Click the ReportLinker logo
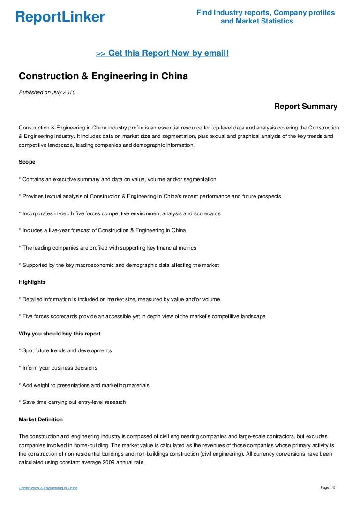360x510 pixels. [60, 17]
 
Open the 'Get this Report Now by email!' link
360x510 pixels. [162, 53]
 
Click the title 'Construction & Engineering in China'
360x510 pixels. [103, 76]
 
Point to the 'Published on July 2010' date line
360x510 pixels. [47, 92]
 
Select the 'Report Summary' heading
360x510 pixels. [306, 107]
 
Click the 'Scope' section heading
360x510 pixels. [27, 162]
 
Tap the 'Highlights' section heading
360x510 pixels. [32, 282]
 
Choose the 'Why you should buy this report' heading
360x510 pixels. [60, 334]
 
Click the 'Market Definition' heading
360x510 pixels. [41, 419]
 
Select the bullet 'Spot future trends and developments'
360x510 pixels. [65, 350]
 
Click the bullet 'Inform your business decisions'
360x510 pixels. [58, 368]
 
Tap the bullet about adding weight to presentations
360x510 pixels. [84, 385]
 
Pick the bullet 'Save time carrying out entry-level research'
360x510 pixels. [72, 402]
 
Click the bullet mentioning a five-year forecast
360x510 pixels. [102, 230]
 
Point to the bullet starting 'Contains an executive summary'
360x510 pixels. [117, 179]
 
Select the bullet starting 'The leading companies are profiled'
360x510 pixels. [107, 248]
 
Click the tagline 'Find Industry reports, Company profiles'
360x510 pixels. [265, 13]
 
